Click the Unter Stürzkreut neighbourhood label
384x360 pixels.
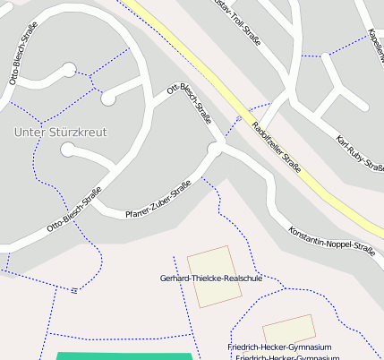coord(61,132)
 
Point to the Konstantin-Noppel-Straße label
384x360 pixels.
coord(331,240)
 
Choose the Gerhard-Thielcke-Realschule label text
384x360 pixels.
coord(211,279)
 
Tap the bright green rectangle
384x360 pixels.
coord(124,356)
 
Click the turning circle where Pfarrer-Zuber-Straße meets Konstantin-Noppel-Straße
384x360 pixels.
coord(215,149)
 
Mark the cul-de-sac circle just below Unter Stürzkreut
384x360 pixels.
coord(68,150)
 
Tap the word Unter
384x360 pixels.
coord(28,132)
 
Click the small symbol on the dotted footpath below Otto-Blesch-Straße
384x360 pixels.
coord(73,289)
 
